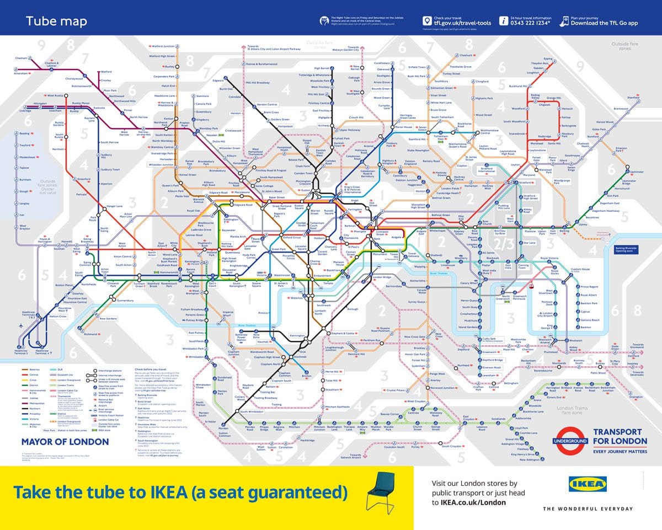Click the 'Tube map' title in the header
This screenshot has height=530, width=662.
coord(56,22)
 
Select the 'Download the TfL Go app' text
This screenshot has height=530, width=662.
coord(604,23)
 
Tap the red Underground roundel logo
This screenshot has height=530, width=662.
coord(570,441)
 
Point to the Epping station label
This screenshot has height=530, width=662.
coord(548,58)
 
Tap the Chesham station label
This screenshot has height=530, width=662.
coord(21,58)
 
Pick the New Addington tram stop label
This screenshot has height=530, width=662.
coord(530,459)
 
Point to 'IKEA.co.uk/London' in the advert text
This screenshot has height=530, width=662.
coord(469,502)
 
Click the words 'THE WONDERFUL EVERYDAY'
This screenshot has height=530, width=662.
coord(588,508)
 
